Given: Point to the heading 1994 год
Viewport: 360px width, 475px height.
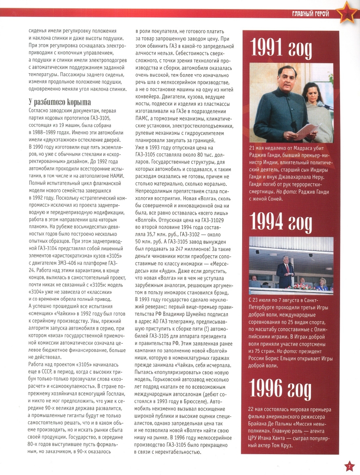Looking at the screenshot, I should click(281, 221).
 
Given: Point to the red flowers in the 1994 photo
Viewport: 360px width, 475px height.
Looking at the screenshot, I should click(307, 286).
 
